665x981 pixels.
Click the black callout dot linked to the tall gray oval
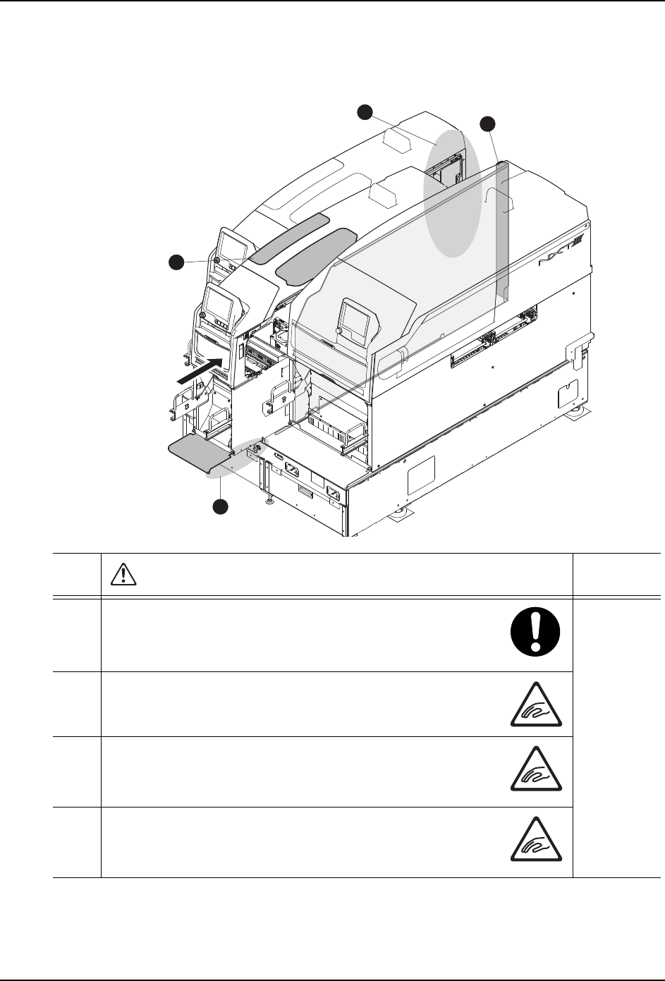tap(365, 111)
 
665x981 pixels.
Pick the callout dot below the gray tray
tap(221, 506)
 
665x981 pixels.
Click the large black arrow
tap(200, 370)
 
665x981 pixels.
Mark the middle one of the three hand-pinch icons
tap(536, 773)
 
